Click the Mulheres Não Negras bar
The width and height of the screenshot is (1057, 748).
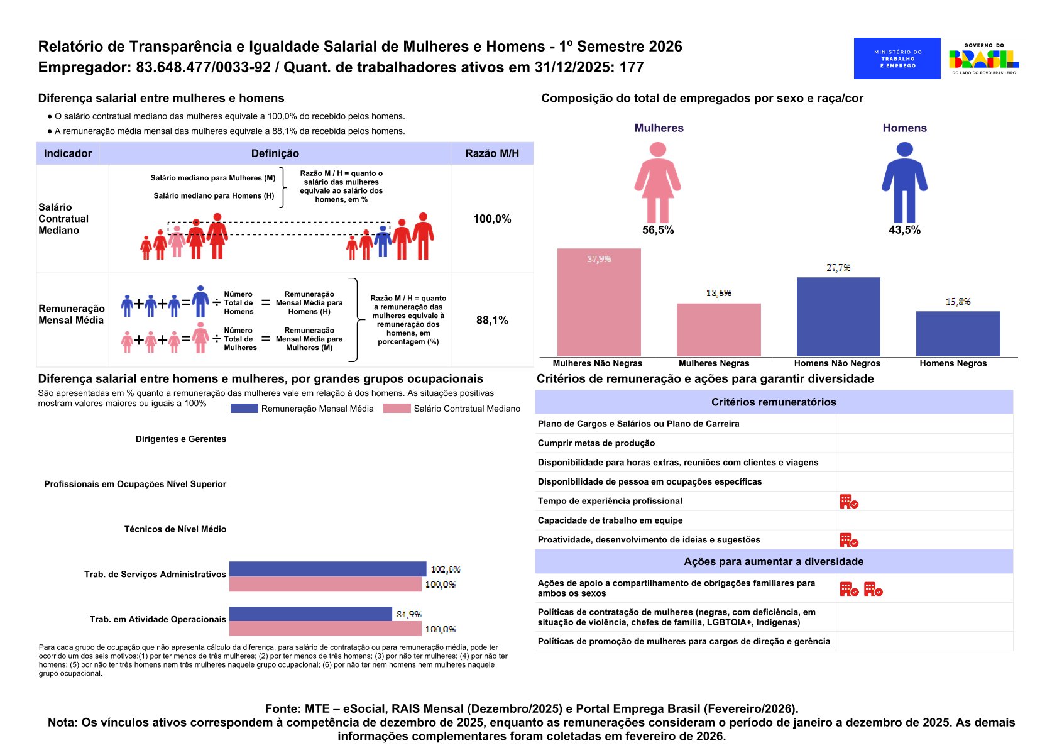click(599, 302)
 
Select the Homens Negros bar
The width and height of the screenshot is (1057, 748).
click(958, 334)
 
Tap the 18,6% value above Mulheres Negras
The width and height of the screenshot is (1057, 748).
click(718, 294)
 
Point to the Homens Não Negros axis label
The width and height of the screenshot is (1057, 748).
click(837, 363)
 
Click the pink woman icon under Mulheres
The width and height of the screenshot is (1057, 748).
click(657, 182)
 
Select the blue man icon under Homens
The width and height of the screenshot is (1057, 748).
click(904, 182)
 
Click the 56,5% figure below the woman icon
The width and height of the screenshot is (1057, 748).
click(657, 230)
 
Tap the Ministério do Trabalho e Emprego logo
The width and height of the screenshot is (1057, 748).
click(897, 58)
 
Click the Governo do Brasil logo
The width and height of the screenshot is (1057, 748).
click(983, 58)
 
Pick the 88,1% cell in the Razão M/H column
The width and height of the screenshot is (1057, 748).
click(492, 320)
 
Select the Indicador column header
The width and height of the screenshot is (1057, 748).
click(68, 153)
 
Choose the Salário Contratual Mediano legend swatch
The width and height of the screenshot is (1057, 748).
click(397, 409)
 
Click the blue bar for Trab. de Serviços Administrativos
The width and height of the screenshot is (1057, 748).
click(327, 569)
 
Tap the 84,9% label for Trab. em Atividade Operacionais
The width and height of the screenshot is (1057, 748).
click(409, 614)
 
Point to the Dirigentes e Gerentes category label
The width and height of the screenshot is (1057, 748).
click(181, 439)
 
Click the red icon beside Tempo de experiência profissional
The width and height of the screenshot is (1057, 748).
click(848, 502)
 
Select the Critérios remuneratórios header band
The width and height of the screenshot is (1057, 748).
click(774, 402)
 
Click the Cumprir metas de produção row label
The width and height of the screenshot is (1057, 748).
click(596, 443)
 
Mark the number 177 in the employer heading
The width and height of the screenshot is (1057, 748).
click(632, 68)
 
